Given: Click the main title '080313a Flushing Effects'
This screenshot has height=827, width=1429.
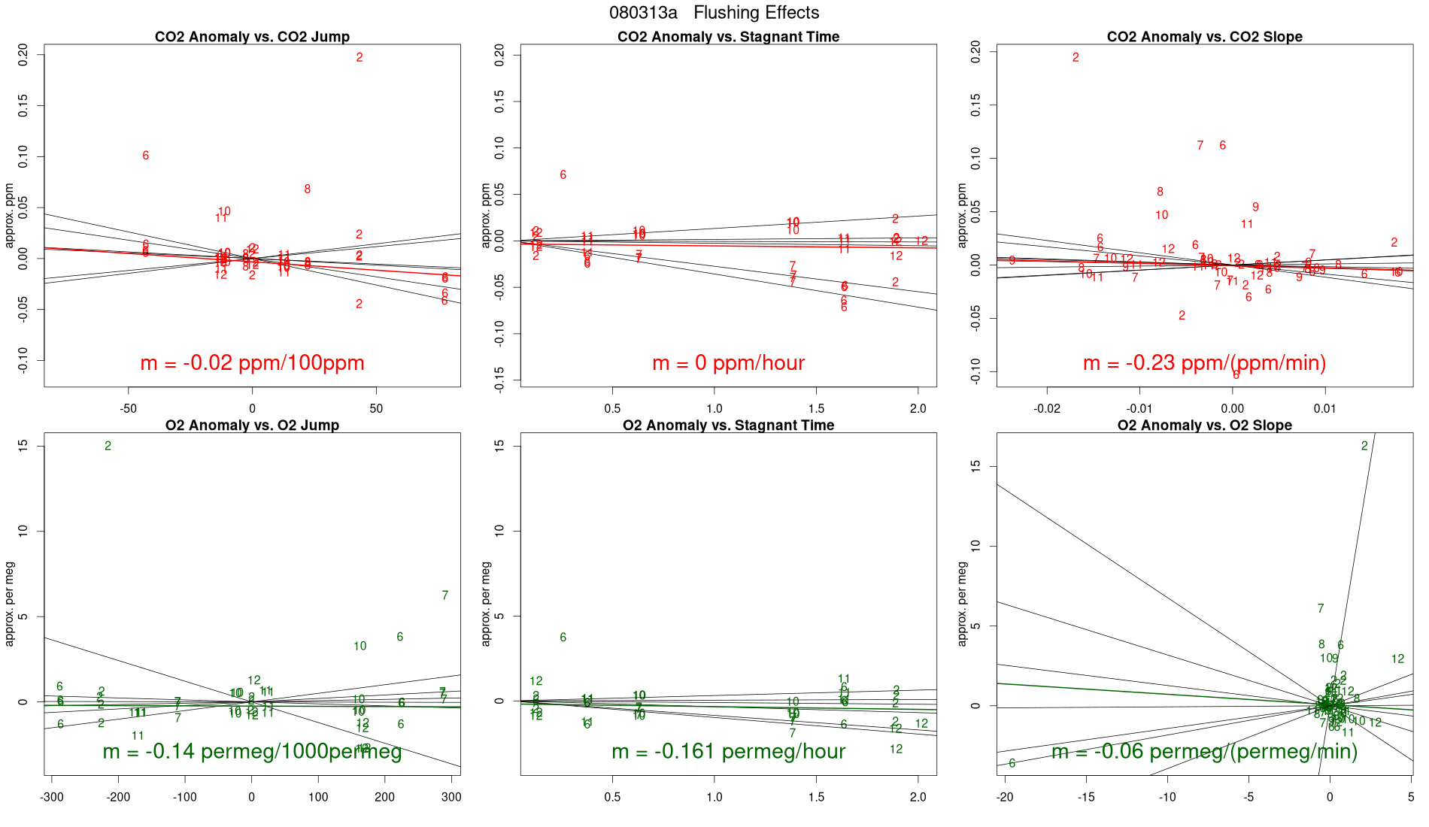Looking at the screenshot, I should coord(714,13).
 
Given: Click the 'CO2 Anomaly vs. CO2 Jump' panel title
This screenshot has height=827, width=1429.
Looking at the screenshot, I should coord(252,37).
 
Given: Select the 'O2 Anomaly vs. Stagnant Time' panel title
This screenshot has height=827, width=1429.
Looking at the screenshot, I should coord(728,426).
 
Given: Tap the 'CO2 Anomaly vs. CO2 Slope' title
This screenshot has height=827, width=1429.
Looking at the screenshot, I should coord(1204,37).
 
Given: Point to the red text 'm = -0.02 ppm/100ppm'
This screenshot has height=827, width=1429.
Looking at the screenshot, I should coord(252,363).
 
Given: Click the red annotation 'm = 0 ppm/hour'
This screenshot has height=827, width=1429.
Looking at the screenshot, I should coord(728,363).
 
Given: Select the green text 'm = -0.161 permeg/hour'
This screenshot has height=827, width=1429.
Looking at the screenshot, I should coord(728,752).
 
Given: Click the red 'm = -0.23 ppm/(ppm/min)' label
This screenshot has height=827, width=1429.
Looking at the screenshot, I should coord(1204,363).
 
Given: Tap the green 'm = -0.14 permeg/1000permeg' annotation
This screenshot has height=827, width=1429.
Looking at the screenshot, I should coord(252,752).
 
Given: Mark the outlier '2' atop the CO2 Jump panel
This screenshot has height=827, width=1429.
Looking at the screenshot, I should coord(360,57).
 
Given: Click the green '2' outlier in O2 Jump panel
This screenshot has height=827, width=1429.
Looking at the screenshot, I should coord(108,446).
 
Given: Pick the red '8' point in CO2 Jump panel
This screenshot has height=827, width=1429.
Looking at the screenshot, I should coord(307,189).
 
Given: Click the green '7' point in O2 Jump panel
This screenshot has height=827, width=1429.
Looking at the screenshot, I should coord(445,595).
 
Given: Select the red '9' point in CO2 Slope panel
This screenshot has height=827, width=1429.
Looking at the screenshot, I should coord(1255,208).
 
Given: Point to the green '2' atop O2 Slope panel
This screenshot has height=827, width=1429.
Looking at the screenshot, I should coord(1364,446).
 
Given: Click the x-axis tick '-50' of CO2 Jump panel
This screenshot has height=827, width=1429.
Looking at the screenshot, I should coord(129,409).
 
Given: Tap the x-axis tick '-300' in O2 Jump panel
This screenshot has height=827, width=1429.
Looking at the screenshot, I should coord(51,797).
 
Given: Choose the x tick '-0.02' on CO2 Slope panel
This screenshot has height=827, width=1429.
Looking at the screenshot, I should coord(1046,409).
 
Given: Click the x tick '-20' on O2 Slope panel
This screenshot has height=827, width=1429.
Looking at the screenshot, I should coord(1005,797).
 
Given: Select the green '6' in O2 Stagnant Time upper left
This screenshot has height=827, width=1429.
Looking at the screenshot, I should coord(563,638).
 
